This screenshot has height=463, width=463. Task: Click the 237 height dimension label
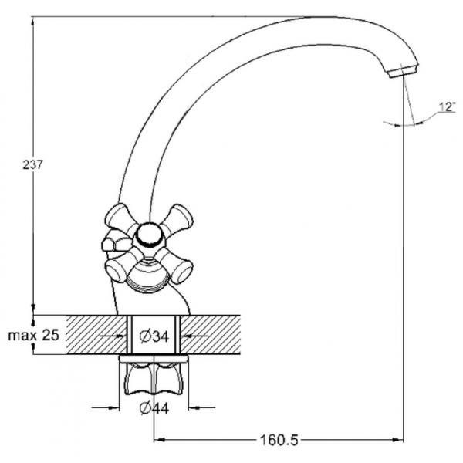(x=32, y=165)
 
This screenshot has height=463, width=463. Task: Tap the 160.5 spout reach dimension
(x=279, y=441)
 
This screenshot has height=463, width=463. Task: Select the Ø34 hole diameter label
(x=154, y=336)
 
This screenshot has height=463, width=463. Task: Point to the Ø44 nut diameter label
(x=154, y=408)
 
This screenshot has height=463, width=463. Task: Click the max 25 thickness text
(x=34, y=335)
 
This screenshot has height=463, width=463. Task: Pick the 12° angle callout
(x=448, y=106)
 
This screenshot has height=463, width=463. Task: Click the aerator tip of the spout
(x=403, y=71)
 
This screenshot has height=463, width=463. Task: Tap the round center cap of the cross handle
(x=150, y=235)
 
